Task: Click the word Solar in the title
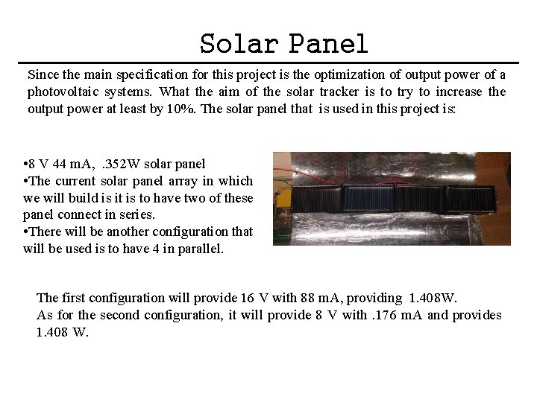[240, 44]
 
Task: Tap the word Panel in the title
[329, 44]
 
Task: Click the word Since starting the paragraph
[42, 74]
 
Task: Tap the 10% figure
[184, 109]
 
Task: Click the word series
[136, 215]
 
